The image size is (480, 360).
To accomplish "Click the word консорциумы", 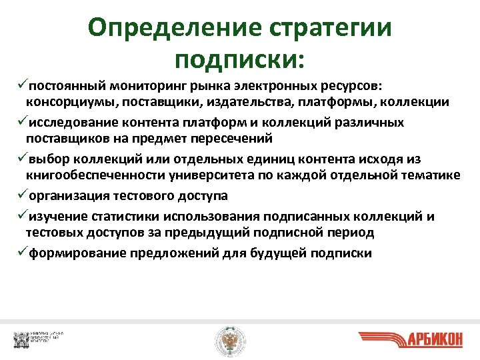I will tap(64, 102).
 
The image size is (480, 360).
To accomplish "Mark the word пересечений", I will tap(217, 138).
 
